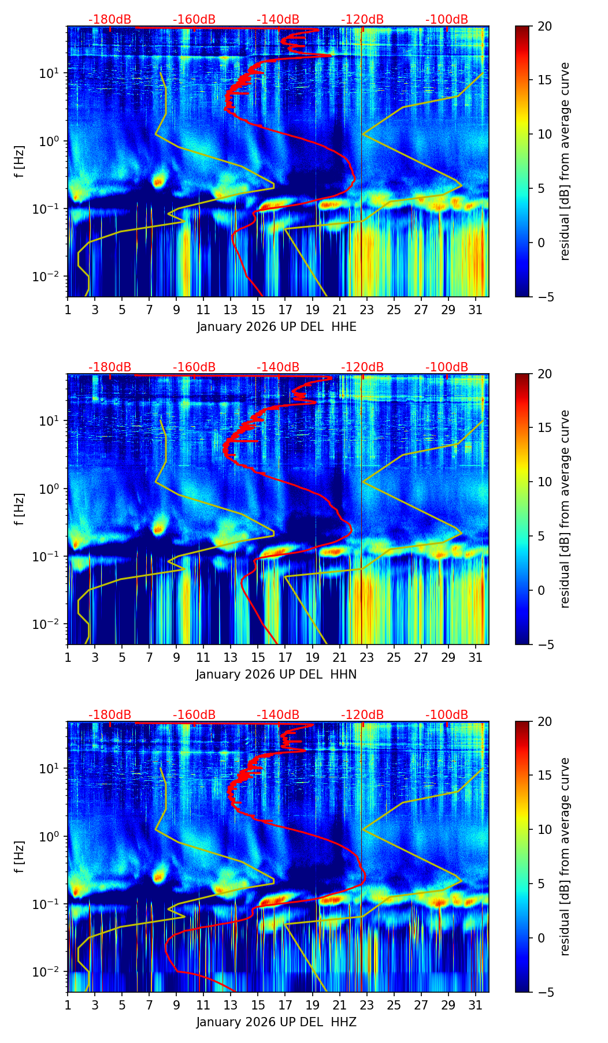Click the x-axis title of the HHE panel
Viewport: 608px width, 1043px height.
tap(276, 327)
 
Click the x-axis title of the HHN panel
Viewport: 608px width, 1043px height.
tap(276, 675)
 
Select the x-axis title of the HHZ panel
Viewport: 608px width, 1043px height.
tap(276, 1022)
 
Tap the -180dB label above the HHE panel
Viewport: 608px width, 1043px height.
tap(110, 20)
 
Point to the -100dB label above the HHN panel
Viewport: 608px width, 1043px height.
tap(447, 367)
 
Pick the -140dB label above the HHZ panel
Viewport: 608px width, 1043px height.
tap(278, 715)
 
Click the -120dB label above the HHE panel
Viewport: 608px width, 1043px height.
tap(362, 20)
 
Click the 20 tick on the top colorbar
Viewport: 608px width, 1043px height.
tap(544, 26)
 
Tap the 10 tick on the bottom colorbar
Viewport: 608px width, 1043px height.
tap(544, 829)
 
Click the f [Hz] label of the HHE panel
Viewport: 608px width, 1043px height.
tap(20, 161)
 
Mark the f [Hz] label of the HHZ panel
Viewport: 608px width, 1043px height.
tap(20, 856)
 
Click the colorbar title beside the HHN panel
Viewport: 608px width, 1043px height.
tap(565, 509)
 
